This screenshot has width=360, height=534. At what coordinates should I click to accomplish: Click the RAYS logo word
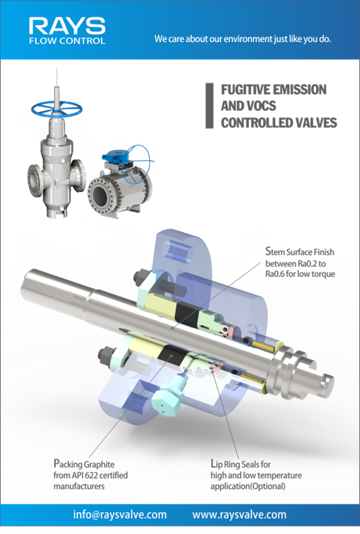pyautogui.click(x=67, y=26)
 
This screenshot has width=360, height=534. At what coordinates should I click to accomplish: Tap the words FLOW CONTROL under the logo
pyautogui.click(x=67, y=41)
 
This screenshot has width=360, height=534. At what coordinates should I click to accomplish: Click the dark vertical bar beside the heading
pyautogui.click(x=209, y=106)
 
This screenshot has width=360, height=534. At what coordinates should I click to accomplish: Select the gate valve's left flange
pyautogui.click(x=35, y=181)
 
